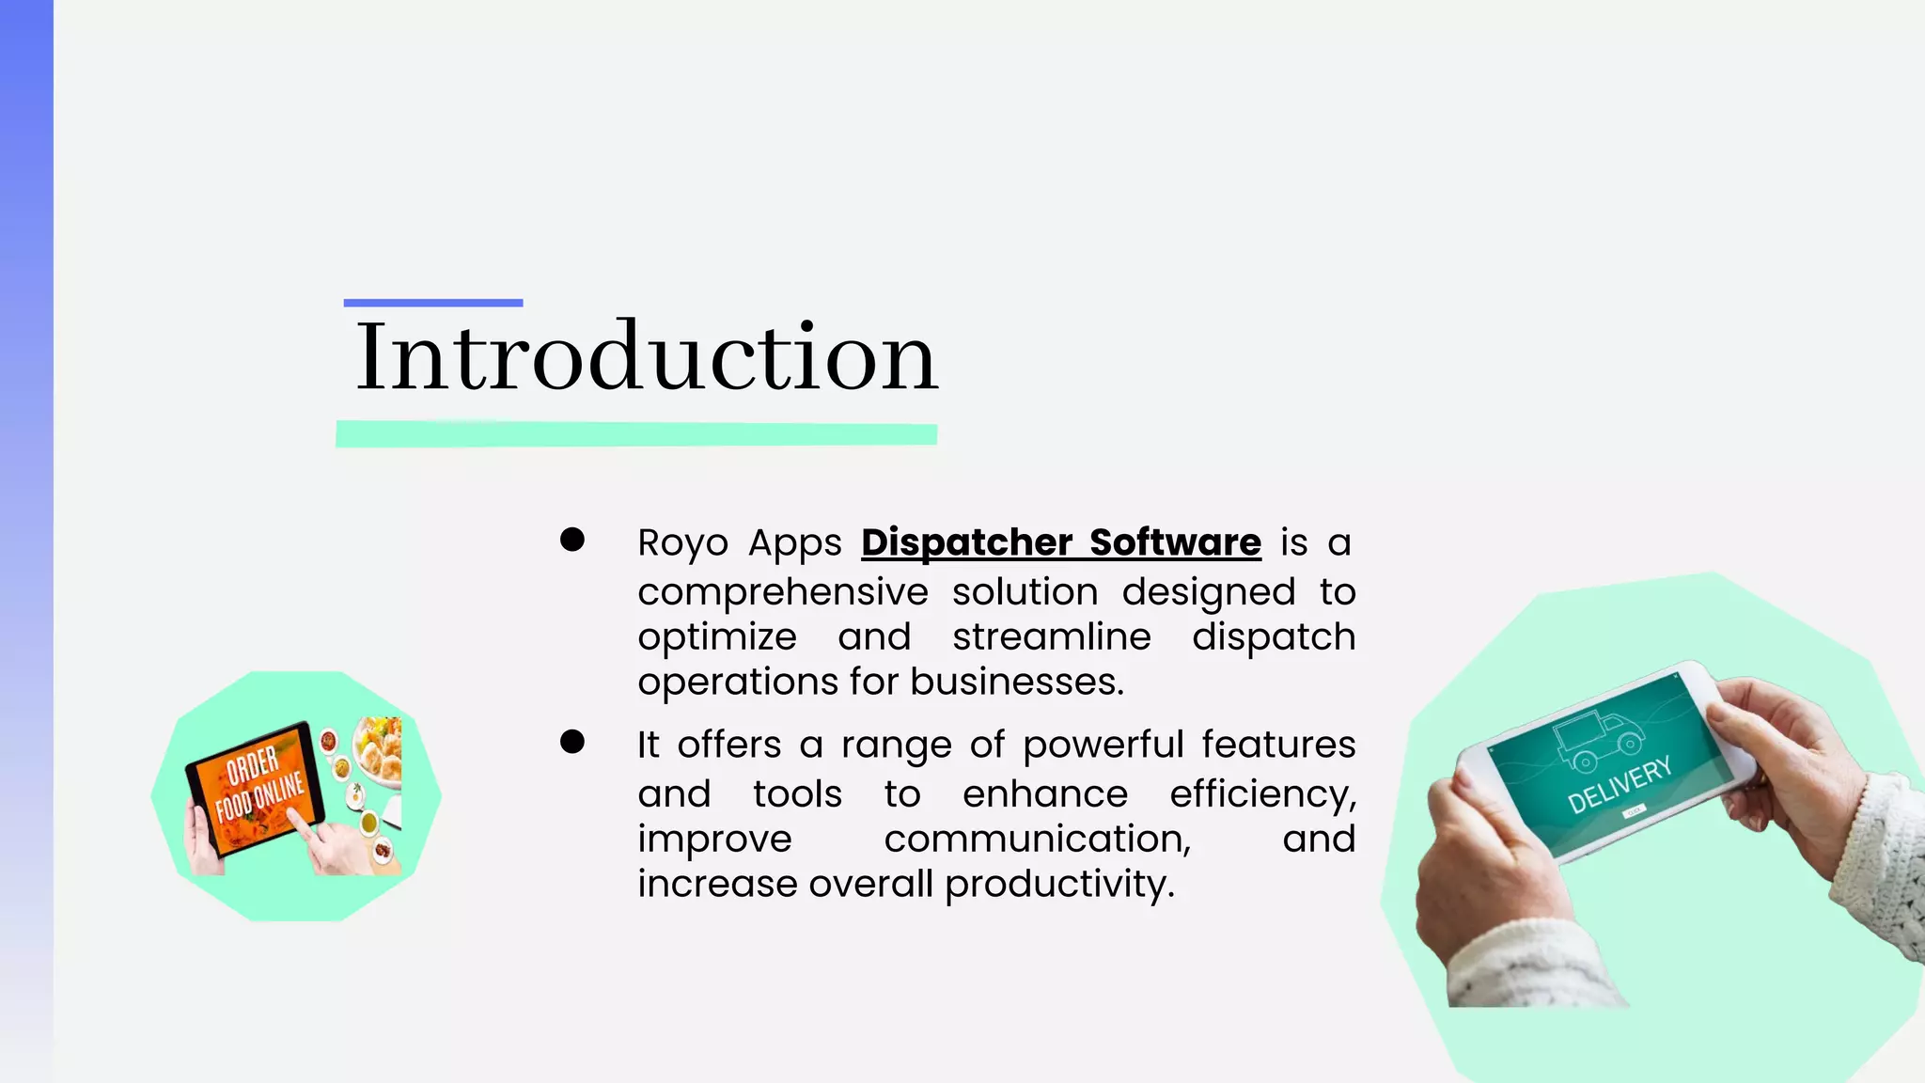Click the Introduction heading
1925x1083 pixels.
pos(647,357)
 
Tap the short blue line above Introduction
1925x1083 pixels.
pos(432,303)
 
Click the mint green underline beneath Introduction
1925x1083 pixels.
pos(636,433)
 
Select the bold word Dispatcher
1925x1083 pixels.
pos(966,542)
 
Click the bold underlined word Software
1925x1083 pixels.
pos(1175,542)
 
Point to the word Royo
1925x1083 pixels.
pos(682,543)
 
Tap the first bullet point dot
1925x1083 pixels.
pos(571,540)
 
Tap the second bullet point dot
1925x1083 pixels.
pos(571,742)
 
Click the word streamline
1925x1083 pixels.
pos(1051,636)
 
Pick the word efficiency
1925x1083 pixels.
pos(1262,794)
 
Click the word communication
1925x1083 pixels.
pos(1037,839)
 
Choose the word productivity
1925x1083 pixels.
pos(1059,885)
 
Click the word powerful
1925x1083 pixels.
pos(1103,745)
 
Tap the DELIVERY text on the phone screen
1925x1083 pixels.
pos(1619,784)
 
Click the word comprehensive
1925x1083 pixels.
pos(782,592)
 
